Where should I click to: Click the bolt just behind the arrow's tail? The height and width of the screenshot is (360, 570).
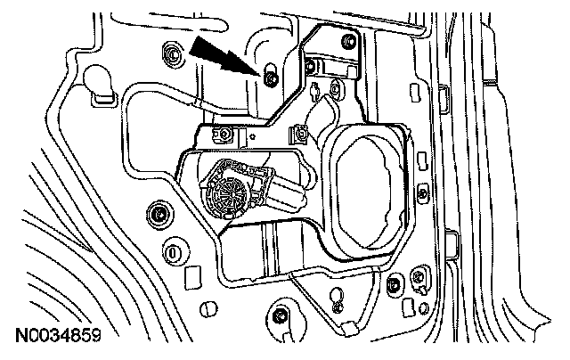[168, 55]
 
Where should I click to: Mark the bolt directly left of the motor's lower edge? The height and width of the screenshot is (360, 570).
[160, 215]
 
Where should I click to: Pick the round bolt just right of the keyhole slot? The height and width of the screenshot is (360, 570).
[393, 284]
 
